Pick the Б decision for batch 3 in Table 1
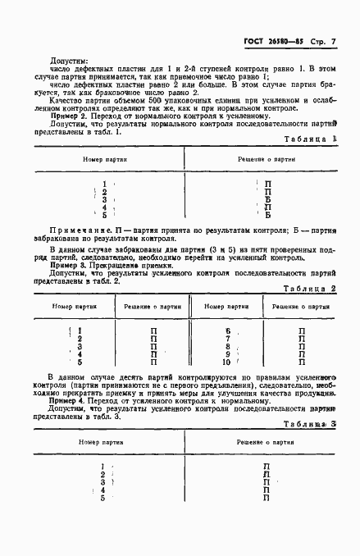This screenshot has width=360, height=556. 267,199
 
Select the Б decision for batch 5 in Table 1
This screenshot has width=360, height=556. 267,216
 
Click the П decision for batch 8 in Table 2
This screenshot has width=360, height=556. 302,346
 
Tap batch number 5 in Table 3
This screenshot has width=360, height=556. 103,498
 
